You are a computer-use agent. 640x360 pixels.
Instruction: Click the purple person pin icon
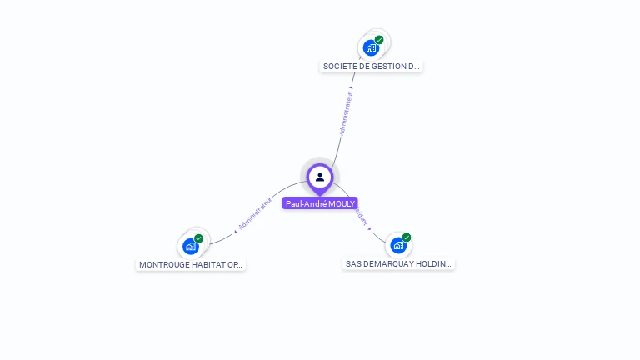(x=320, y=177)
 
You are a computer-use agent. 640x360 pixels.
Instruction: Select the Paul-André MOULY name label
(x=320, y=203)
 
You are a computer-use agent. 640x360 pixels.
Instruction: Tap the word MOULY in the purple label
(x=342, y=203)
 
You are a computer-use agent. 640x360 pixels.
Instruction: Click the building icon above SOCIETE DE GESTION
(x=371, y=47)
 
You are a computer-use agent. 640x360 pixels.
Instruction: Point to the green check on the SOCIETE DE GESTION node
(x=379, y=40)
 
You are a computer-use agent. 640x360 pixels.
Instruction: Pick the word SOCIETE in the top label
(x=338, y=66)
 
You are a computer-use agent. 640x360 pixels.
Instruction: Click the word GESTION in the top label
(x=389, y=66)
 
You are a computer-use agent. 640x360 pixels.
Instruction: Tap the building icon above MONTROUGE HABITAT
(x=190, y=246)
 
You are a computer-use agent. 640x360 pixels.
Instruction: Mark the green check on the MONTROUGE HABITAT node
(x=198, y=238)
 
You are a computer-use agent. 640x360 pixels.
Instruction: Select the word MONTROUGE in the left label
(x=163, y=264)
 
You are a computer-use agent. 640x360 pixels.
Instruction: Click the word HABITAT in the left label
(x=207, y=264)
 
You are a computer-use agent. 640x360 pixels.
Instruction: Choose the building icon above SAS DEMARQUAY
(x=397, y=245)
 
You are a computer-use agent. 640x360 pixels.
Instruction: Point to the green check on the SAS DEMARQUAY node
(x=407, y=237)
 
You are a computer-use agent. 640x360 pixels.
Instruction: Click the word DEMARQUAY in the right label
(x=388, y=263)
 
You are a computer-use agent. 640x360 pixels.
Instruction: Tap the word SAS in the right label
(x=353, y=263)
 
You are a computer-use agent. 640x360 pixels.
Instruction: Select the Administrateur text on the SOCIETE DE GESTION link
(x=346, y=113)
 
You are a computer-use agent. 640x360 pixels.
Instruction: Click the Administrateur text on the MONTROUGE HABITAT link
(x=254, y=213)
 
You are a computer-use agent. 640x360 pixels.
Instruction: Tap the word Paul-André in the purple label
(x=305, y=203)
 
